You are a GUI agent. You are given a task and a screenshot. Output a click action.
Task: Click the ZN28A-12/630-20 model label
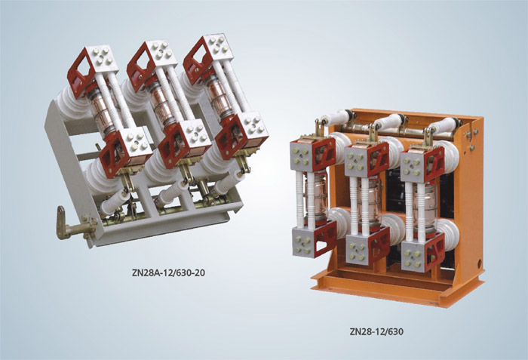168,272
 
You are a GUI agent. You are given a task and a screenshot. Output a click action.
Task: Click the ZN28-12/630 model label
376,331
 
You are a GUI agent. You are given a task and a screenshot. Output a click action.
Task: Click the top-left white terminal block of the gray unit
102,60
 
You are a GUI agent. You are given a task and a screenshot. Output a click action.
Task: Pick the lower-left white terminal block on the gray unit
135,146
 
